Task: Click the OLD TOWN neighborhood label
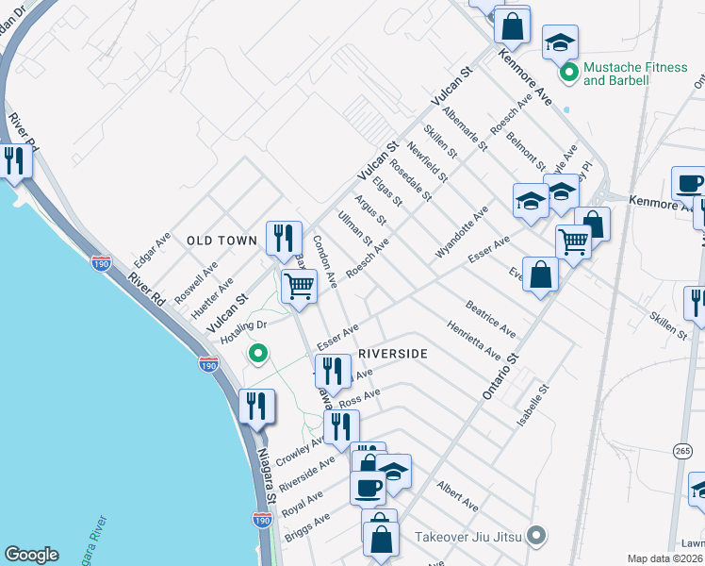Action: [221, 241]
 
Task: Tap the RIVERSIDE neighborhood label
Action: [393, 353]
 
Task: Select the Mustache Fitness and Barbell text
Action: [616, 74]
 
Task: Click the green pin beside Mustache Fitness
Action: [568, 72]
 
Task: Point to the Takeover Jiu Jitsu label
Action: [470, 536]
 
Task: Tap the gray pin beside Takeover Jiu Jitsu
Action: [537, 536]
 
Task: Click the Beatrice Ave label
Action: [490, 319]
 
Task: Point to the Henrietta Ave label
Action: [473, 339]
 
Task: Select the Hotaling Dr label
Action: [243, 331]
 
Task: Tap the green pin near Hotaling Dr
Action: [254, 355]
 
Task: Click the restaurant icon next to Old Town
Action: [284, 238]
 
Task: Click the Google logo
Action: [31, 555]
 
